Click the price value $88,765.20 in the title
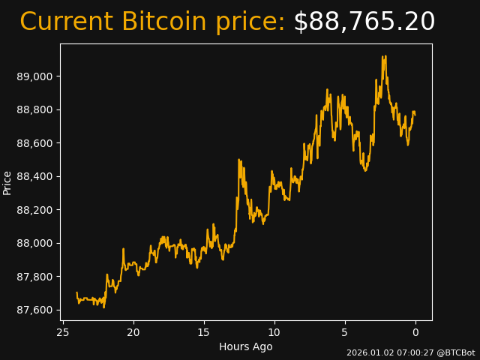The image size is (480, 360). coord(364,22)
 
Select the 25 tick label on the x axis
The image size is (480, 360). coord(63,332)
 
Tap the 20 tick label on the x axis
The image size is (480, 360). coord(133,332)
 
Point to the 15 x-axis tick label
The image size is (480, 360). coord(204,332)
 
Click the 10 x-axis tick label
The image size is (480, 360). coord(274,332)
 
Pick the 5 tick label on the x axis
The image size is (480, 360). coord(345,332)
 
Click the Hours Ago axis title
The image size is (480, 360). coord(245,346)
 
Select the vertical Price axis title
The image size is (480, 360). coord(7,182)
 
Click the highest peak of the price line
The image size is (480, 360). coord(382,56)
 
